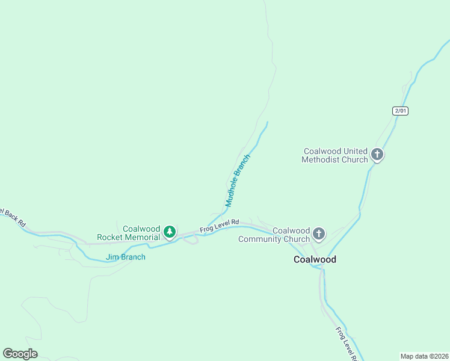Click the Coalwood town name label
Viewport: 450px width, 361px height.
click(315, 259)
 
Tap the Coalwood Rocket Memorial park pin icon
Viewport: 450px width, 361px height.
click(170, 232)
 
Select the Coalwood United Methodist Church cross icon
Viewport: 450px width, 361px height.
click(377, 155)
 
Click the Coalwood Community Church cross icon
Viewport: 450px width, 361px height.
click(319, 233)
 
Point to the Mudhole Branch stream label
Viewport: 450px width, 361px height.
click(237, 180)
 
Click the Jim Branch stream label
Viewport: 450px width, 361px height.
click(126, 257)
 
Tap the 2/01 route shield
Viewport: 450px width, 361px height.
click(400, 111)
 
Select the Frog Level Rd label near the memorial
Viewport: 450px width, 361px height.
click(220, 226)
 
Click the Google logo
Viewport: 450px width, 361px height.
click(20, 354)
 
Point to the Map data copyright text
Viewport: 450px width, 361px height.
click(425, 356)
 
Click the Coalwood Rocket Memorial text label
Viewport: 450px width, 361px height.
click(141, 233)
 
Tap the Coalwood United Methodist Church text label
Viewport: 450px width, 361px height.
click(335, 155)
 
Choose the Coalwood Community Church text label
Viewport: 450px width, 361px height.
click(274, 235)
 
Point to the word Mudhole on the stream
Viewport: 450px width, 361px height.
click(232, 194)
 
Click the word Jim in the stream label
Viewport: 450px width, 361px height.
click(111, 257)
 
